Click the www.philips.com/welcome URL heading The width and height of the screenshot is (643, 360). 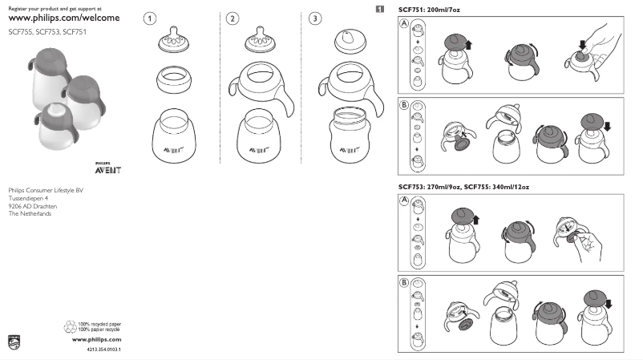point(63,18)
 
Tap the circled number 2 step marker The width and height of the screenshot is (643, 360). point(233,17)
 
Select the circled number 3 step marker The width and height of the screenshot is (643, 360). point(317,17)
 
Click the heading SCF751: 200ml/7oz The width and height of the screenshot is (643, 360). point(429,9)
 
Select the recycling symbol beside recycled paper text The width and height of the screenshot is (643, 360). point(69,326)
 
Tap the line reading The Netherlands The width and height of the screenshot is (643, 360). point(30,213)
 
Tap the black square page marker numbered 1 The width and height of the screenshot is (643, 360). point(379,9)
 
